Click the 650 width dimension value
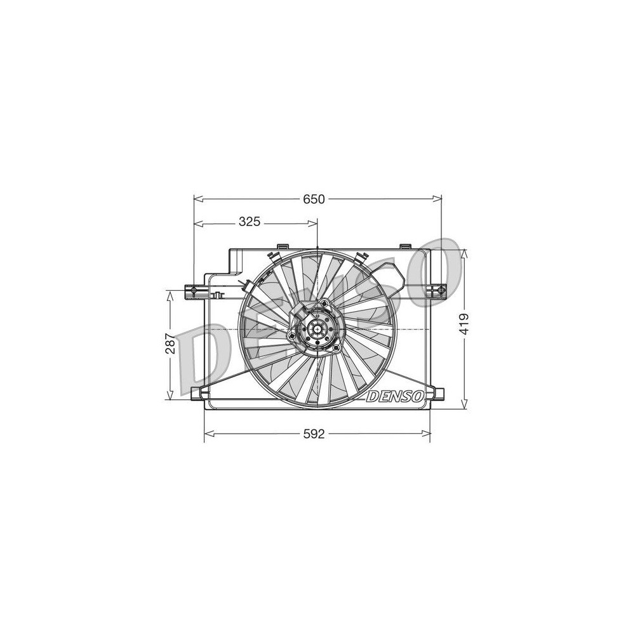(x=314, y=199)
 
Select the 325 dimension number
(x=249, y=222)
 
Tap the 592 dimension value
(x=314, y=434)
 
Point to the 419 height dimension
(x=465, y=324)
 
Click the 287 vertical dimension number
(x=170, y=344)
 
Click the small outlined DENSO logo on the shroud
(x=395, y=396)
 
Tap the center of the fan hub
(x=317, y=329)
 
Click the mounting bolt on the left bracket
(x=193, y=291)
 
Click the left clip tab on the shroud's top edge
(x=283, y=246)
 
